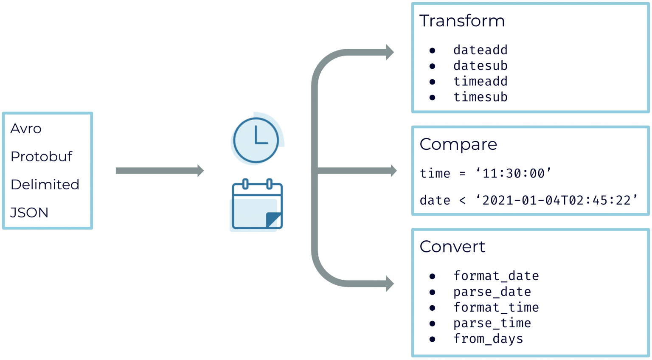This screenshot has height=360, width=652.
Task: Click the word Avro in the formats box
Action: click(26, 129)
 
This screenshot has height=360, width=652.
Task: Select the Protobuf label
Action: click(41, 157)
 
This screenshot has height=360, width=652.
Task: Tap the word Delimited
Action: click(45, 185)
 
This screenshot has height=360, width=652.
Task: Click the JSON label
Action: click(29, 213)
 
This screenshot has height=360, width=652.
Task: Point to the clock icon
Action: click(256, 140)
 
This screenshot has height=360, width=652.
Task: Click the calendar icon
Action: click(257, 205)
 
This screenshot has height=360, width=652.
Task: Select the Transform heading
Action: click(462, 21)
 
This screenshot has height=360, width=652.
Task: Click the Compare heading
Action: click(458, 144)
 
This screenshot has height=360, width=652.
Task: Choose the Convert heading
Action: click(452, 247)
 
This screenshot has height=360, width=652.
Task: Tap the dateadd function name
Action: click(480, 50)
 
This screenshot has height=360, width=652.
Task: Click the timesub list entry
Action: click(480, 97)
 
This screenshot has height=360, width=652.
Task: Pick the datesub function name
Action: click(480, 66)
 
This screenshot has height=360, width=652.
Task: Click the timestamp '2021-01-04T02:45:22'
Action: click(556, 200)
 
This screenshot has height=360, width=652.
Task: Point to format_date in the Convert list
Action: click(496, 276)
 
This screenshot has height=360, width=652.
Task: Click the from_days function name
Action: click(488, 339)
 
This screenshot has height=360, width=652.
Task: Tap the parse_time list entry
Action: click(492, 323)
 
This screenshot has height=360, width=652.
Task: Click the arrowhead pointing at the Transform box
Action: click(390, 52)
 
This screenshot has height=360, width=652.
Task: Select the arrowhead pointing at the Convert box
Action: click(390, 284)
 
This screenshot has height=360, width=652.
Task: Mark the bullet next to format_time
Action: click(432, 308)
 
